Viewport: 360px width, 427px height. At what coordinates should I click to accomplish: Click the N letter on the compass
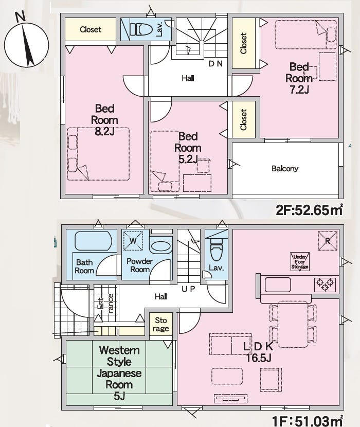point(20,16)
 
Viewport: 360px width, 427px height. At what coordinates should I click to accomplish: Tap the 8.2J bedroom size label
point(104,132)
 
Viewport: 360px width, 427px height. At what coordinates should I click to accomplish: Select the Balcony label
point(285,169)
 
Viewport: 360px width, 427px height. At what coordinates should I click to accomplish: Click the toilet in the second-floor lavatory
point(141,29)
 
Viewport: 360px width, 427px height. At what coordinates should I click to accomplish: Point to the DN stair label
point(215,64)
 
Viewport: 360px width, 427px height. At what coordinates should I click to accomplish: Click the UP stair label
point(188,289)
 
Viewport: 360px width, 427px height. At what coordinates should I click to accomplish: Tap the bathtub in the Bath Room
point(93,241)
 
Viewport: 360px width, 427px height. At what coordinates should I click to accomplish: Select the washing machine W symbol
point(133,240)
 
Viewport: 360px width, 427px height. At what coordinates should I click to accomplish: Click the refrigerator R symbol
point(328,241)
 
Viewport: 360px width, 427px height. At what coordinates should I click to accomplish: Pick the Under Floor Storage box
point(300,261)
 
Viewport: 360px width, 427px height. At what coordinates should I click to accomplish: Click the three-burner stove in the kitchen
point(325,284)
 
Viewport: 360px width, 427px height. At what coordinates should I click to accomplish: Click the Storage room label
point(160,324)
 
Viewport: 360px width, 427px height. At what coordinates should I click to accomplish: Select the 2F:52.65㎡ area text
point(310,210)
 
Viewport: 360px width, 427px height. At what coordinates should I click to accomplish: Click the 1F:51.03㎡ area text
point(308,421)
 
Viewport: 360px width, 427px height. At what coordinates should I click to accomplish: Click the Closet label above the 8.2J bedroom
point(91,29)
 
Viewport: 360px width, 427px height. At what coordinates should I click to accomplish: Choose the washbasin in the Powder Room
point(160,247)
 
